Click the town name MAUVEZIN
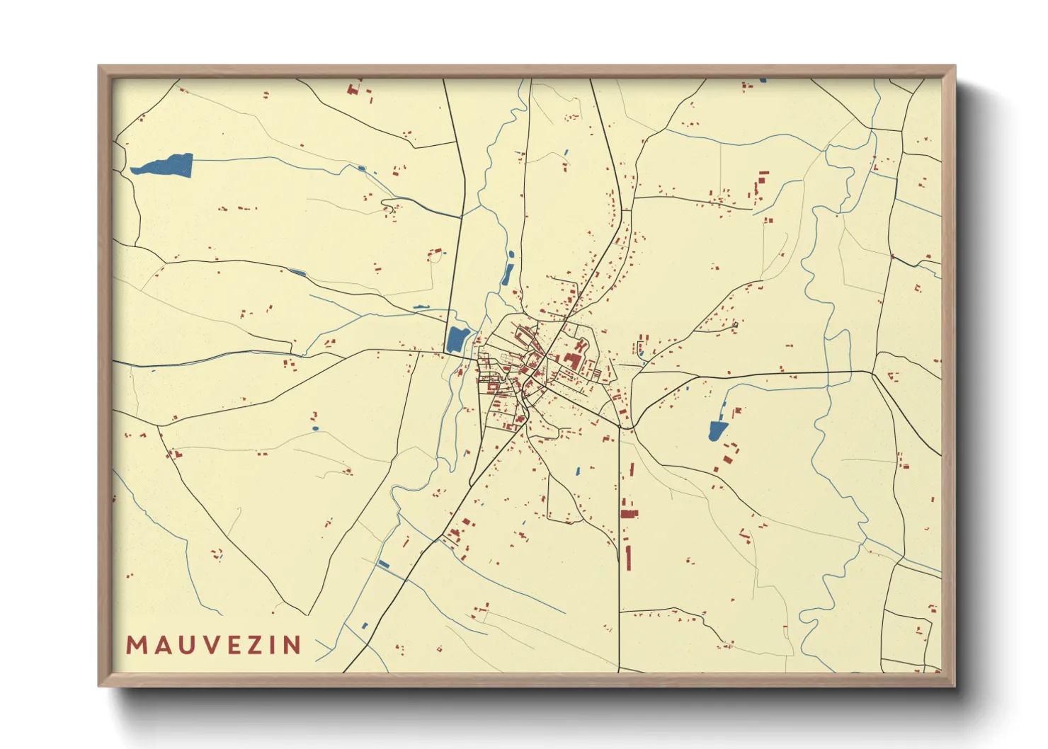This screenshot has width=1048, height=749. click(x=214, y=645)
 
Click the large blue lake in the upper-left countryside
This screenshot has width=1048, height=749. click(x=166, y=166)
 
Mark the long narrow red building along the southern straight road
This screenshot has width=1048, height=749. click(x=628, y=557)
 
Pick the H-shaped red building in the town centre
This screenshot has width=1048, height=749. click(x=581, y=347)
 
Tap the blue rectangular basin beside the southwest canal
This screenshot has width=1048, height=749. click(x=383, y=564)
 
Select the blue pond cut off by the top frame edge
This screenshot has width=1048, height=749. click(x=763, y=81)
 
